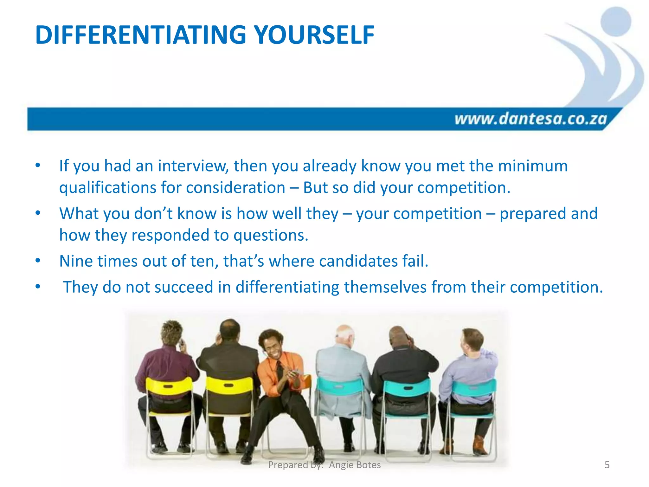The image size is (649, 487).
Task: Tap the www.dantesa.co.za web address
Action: (530, 119)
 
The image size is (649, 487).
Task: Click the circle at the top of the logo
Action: (616, 22)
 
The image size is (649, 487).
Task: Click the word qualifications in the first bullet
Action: (107, 187)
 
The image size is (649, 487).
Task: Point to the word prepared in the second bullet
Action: (533, 213)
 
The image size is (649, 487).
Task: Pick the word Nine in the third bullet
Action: (76, 261)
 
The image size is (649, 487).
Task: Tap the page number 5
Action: (607, 465)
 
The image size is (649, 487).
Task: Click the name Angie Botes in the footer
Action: (355, 465)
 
